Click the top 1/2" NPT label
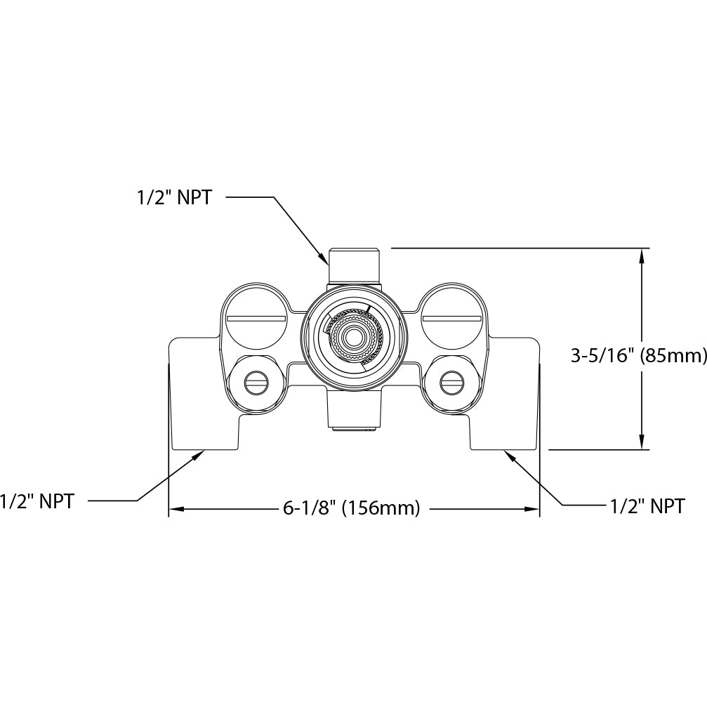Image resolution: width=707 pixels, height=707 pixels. pyautogui.click(x=174, y=197)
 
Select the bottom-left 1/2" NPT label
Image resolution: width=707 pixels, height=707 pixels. pyautogui.click(x=37, y=501)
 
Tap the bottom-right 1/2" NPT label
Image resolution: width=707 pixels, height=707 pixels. pyautogui.click(x=647, y=506)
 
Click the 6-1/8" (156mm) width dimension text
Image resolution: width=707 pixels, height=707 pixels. pyautogui.click(x=352, y=508)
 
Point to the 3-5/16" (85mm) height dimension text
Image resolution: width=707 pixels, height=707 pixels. pyautogui.click(x=638, y=356)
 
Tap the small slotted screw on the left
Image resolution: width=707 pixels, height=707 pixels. pyautogui.click(x=256, y=383)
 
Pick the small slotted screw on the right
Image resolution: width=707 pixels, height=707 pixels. pyautogui.click(x=452, y=383)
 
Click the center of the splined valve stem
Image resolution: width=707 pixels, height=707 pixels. pyautogui.click(x=354, y=336)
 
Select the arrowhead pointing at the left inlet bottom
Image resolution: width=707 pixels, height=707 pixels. pyautogui.click(x=199, y=455)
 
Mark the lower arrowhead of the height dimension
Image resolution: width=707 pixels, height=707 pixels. pyautogui.click(x=642, y=442)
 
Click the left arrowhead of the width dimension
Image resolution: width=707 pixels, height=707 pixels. pyautogui.click(x=176, y=509)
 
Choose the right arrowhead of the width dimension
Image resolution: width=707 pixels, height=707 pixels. pyautogui.click(x=531, y=509)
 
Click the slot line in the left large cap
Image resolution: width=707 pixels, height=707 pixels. pyautogui.click(x=256, y=319)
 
